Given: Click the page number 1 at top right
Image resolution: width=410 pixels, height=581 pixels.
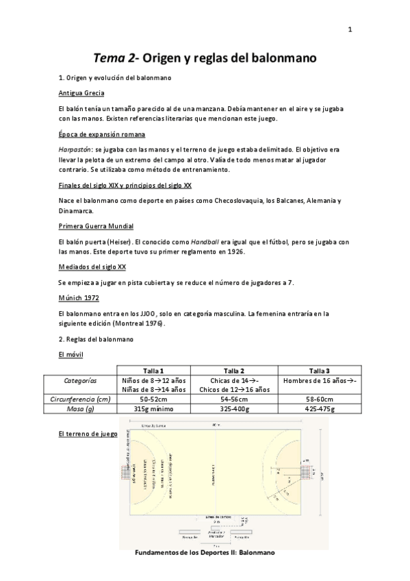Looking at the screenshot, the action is pos(350,29).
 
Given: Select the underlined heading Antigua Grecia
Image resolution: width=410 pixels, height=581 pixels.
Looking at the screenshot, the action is pos(81,93).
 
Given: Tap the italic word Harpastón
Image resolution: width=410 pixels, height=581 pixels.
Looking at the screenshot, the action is pos(75,149).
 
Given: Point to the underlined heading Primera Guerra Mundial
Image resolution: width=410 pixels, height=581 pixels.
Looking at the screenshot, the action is pos(96,225).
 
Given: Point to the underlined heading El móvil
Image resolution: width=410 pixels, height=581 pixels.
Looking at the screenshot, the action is pos(71,355).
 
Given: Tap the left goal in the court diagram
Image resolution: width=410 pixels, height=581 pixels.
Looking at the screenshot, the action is pos(126,473).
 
